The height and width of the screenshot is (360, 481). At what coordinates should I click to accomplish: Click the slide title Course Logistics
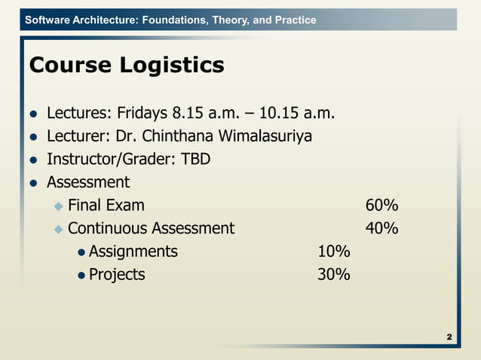point(126,66)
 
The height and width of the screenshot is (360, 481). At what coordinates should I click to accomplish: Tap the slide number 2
point(449,336)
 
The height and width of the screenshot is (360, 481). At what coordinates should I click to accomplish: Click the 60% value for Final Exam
point(381,206)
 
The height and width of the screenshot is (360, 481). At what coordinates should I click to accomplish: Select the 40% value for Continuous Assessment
point(381,228)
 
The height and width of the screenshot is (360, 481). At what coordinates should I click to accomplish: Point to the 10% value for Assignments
point(333,252)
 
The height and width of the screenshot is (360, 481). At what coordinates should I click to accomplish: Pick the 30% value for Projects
point(333,275)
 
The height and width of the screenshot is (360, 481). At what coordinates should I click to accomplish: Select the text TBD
point(195,160)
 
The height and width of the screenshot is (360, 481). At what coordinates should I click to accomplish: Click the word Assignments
point(133,252)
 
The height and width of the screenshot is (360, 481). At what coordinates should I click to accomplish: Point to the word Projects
point(117,275)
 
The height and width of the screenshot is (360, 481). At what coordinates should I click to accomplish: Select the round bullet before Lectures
point(33,115)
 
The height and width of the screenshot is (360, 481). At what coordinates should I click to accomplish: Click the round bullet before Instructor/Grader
point(33,160)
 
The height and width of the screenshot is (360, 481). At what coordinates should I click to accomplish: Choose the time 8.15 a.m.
point(206,114)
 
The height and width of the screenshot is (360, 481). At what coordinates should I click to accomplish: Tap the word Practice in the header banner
point(294,20)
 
